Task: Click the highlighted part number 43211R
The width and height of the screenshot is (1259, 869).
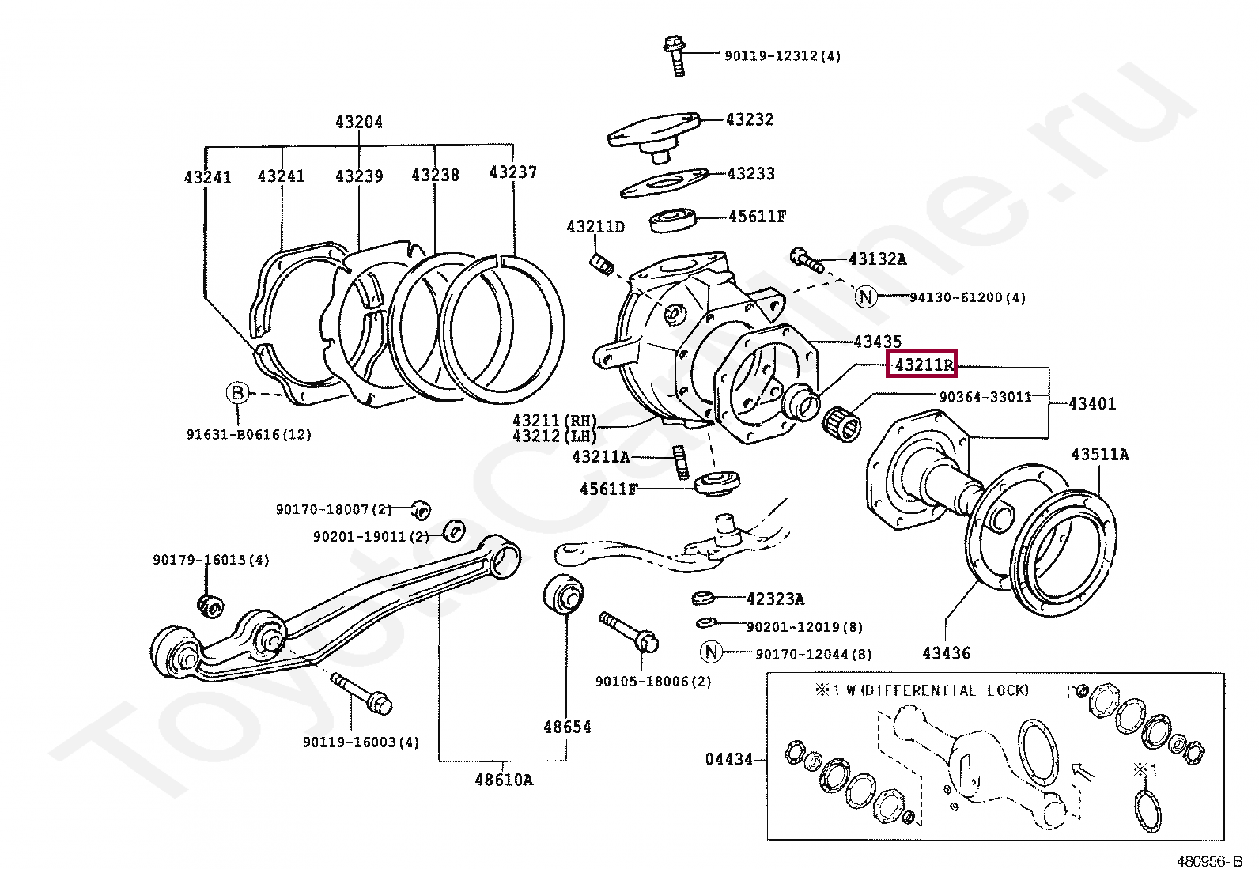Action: (x=923, y=365)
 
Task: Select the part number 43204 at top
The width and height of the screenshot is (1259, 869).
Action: (x=358, y=122)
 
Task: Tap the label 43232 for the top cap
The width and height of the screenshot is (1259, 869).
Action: (x=750, y=119)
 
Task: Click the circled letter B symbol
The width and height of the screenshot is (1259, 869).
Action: (x=237, y=392)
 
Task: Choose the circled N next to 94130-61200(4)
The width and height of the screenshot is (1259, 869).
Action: (x=867, y=297)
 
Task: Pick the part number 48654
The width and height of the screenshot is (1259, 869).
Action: (x=566, y=726)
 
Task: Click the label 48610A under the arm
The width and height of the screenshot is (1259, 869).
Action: (x=504, y=780)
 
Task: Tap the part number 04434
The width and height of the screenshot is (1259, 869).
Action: (x=728, y=759)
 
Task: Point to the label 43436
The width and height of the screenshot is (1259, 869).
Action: (x=945, y=653)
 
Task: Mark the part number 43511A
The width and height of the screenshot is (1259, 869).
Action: (x=1100, y=454)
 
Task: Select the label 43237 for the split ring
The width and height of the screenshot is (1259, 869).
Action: (x=512, y=172)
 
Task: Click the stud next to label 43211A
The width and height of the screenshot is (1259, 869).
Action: (x=679, y=463)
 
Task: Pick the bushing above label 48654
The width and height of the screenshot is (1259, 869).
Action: (x=563, y=595)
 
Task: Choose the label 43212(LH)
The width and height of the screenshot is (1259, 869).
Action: (x=554, y=436)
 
